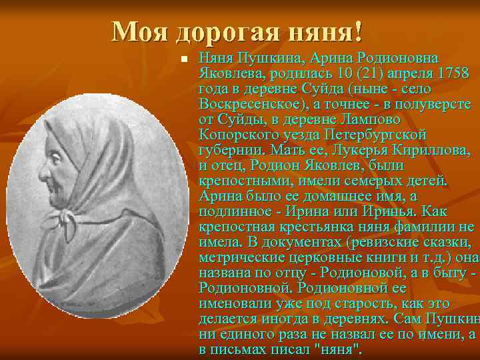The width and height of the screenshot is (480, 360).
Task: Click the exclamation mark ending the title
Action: tap(359, 31)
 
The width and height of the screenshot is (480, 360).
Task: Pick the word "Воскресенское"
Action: tap(248, 104)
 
